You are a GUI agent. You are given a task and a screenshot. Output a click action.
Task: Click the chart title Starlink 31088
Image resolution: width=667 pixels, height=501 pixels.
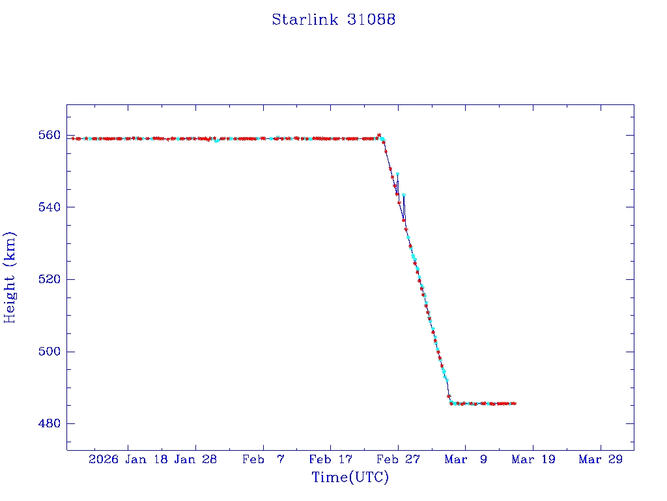pos(333,20)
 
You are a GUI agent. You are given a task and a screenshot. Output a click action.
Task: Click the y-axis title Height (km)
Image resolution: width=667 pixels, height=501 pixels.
pos(10,277)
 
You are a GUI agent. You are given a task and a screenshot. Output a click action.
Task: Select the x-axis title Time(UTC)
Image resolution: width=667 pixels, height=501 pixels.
pos(350,478)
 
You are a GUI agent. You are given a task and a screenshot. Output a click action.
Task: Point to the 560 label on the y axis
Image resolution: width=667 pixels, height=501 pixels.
pos(50,136)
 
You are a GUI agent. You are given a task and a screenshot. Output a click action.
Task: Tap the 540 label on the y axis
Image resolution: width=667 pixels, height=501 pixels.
pos(50,207)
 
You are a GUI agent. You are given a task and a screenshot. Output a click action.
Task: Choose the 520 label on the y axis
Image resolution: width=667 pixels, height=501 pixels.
pos(50,280)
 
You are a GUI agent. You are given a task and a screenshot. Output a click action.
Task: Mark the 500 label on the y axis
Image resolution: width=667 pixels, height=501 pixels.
pos(50,352)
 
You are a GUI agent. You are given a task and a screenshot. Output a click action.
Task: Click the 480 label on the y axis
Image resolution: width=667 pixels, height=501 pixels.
pos(50,424)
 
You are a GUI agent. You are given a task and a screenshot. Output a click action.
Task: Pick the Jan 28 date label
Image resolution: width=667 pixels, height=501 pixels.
pos(196,459)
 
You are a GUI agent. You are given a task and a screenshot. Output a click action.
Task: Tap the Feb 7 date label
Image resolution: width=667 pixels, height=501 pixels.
pos(263,459)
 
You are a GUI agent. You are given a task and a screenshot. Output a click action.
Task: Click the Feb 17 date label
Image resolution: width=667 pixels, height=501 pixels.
pos(330,459)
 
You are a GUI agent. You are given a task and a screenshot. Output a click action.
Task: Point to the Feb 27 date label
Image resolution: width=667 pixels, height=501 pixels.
pos(398,459)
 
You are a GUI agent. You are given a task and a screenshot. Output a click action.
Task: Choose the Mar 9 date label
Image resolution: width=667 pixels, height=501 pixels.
pos(465,459)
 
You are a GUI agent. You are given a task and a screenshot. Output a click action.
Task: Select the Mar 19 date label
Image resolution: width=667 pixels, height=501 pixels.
pos(533,459)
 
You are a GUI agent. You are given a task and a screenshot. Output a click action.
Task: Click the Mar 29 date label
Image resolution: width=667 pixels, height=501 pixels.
pos(600,459)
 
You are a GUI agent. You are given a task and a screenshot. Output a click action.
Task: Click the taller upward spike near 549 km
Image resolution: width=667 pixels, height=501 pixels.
pos(397,174)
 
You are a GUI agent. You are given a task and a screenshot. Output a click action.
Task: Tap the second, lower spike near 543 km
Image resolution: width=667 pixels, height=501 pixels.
pos(404,195)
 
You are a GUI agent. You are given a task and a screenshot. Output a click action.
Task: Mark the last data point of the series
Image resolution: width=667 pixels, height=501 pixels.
pos(515,403)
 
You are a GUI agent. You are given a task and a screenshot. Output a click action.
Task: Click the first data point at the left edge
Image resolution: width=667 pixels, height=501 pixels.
pos(73,138)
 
